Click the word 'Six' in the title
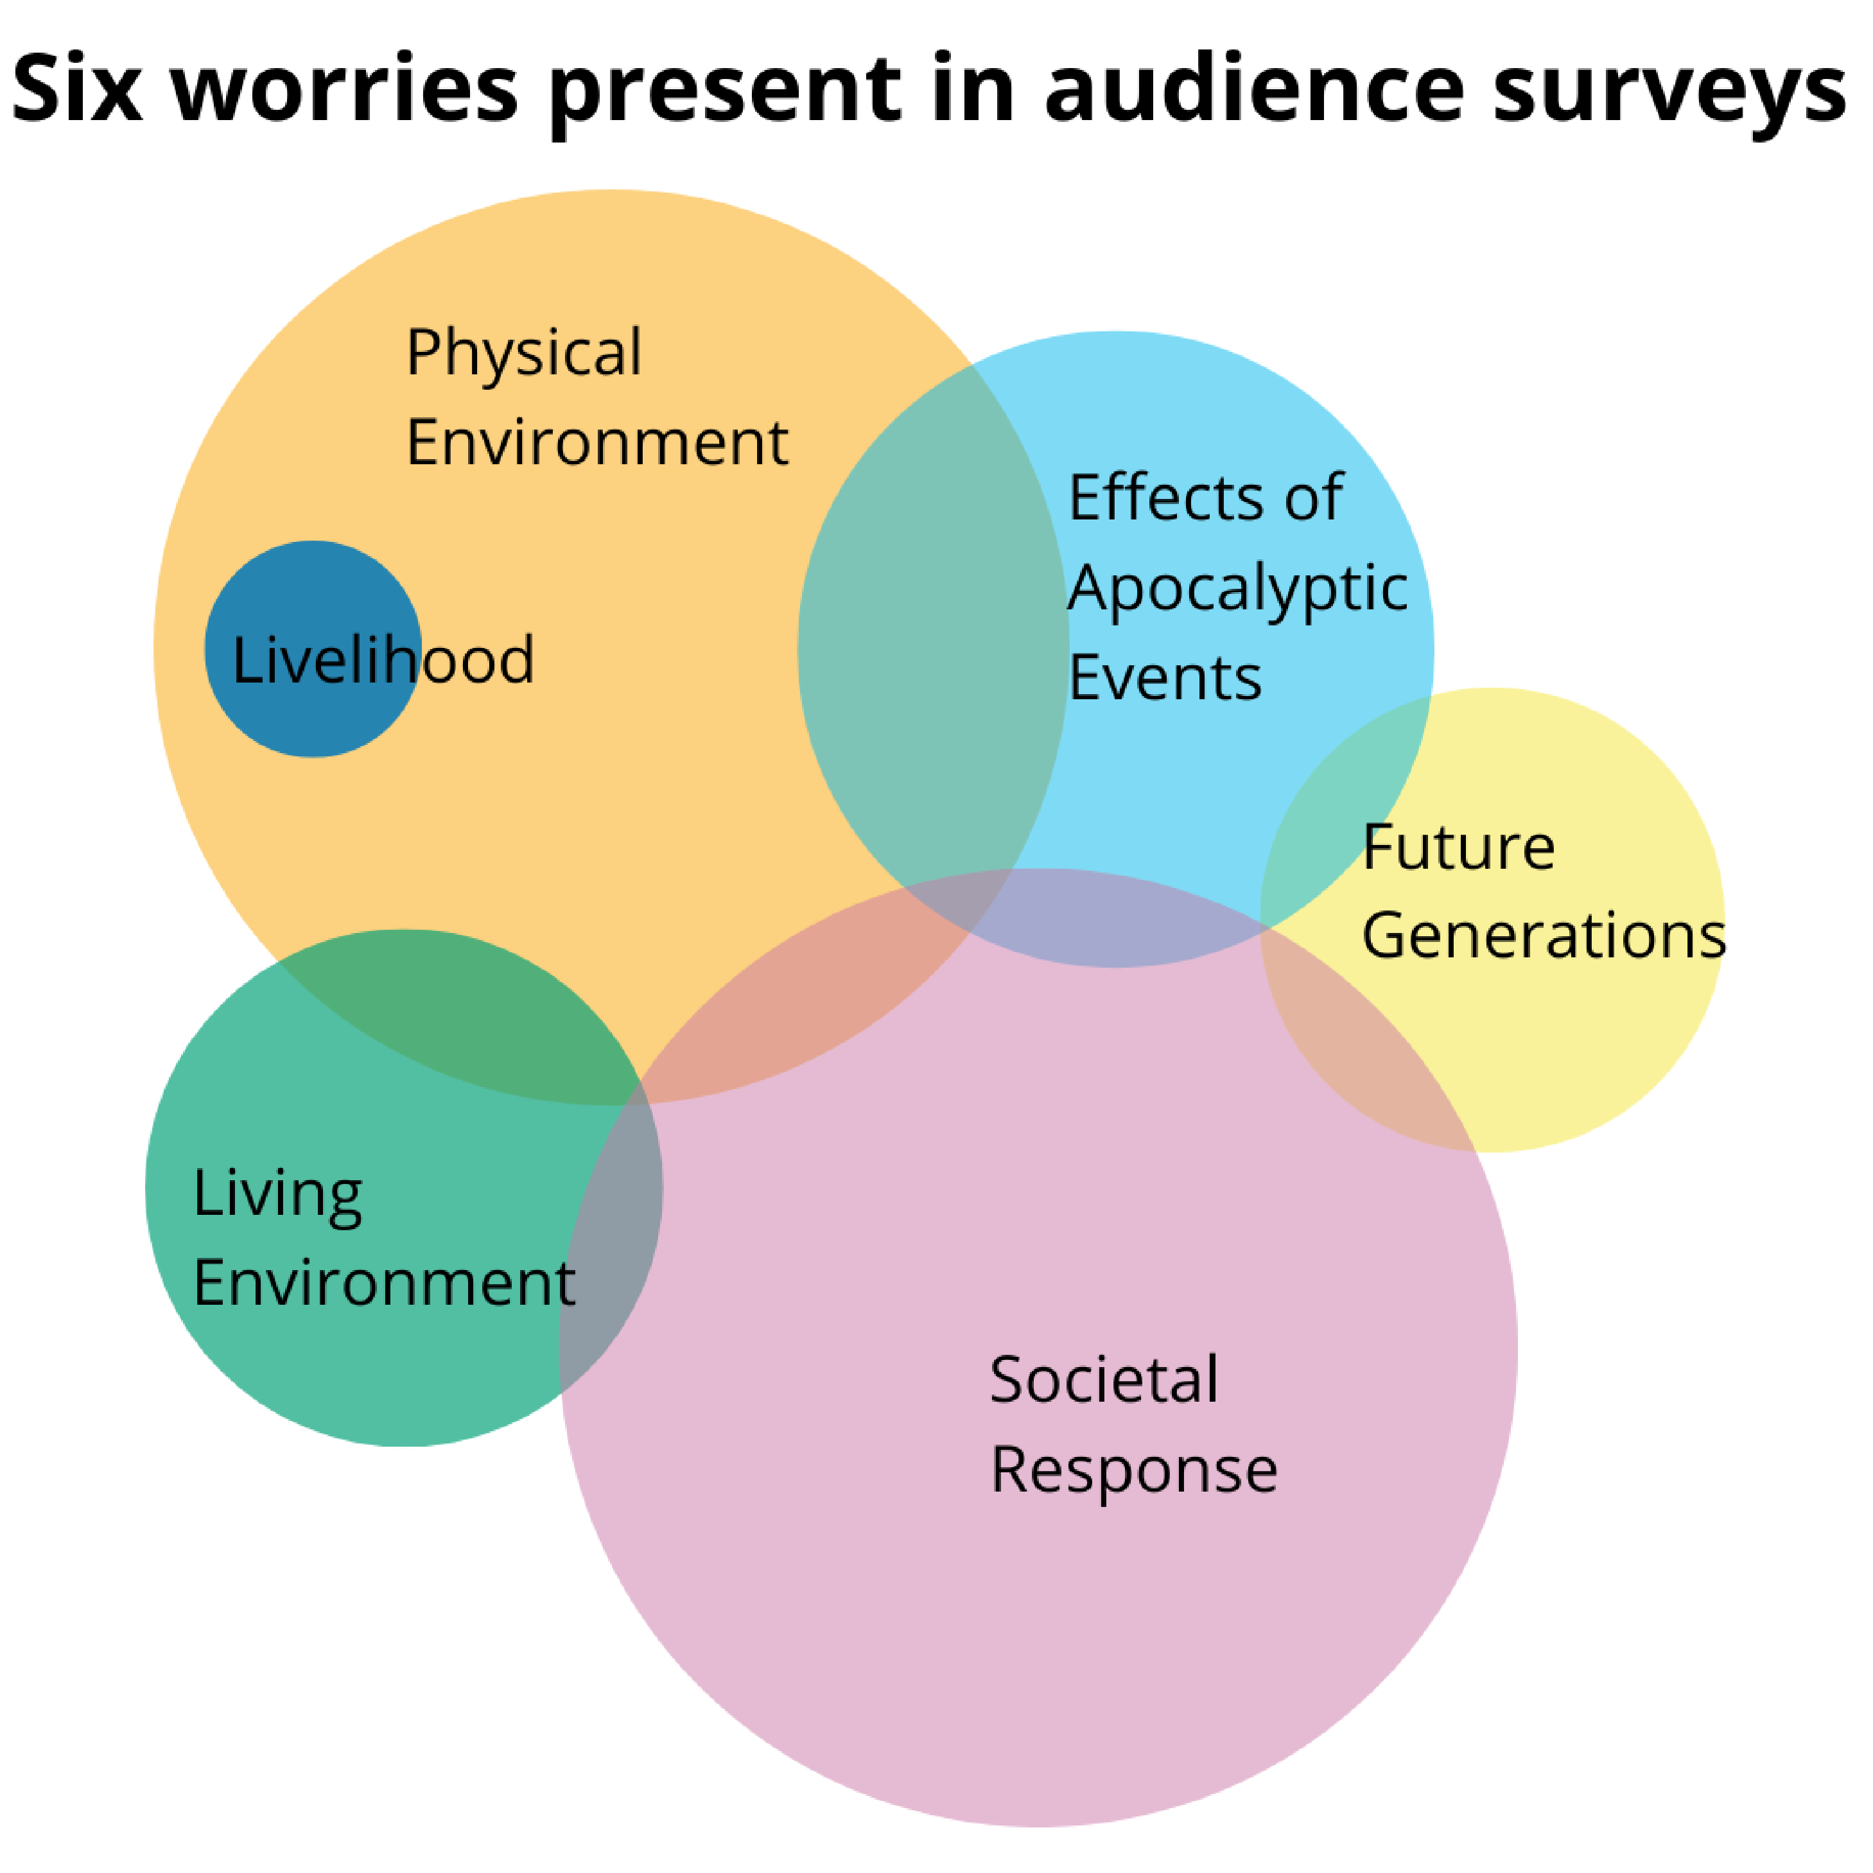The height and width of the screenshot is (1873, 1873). pos(78,90)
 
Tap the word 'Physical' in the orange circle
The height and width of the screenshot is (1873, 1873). pos(523,354)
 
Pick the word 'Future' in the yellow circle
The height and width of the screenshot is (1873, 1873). pos(1458,848)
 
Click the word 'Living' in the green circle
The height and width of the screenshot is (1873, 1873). pos(277,1194)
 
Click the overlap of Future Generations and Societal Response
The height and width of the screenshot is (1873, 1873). pos(1357,1047)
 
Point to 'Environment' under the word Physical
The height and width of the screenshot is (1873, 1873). pos(597,443)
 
